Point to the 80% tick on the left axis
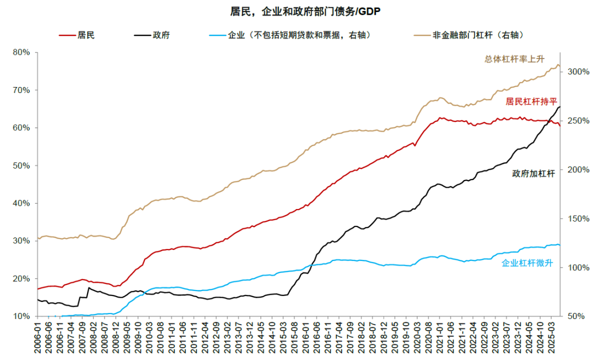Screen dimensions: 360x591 pos(22,53)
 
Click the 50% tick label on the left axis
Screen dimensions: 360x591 pos(22,166)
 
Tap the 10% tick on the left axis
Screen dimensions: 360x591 pos(22,316)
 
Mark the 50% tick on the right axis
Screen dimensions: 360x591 pos(577,316)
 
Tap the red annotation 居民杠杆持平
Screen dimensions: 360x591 pos(530,101)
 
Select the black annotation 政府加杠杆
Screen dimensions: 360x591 pos(534,173)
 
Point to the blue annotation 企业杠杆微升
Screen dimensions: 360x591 pos(527,264)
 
